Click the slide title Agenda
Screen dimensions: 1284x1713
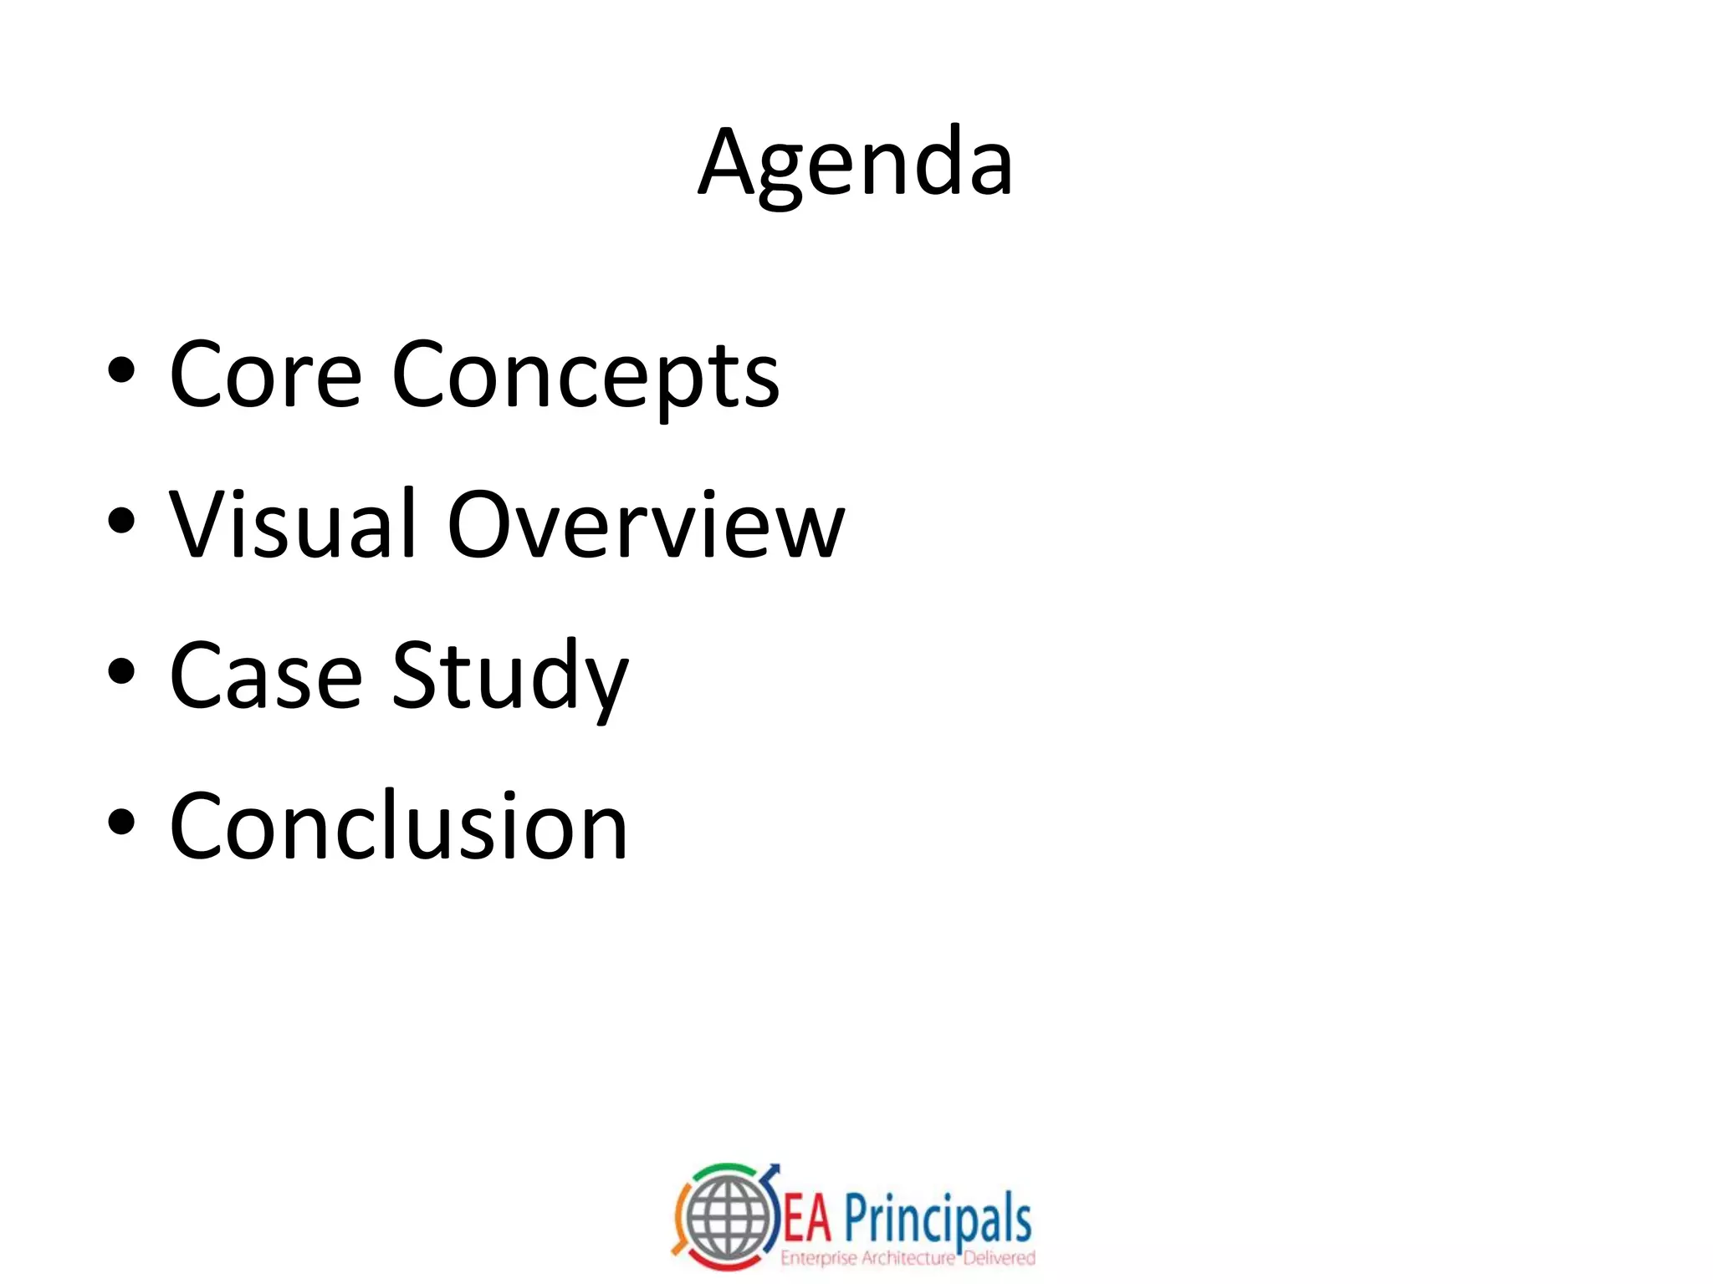pos(856,163)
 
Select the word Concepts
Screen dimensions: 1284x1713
pos(585,376)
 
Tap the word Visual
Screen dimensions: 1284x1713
pos(292,525)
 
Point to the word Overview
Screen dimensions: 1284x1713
pos(646,525)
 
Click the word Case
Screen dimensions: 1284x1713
pos(265,675)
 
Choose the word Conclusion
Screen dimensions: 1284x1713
pos(398,826)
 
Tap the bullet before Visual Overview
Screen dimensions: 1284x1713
pos(121,522)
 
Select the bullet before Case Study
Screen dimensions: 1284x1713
pos(121,672)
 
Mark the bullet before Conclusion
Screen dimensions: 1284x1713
pos(121,823)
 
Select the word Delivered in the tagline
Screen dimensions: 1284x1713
pos(1000,1257)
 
